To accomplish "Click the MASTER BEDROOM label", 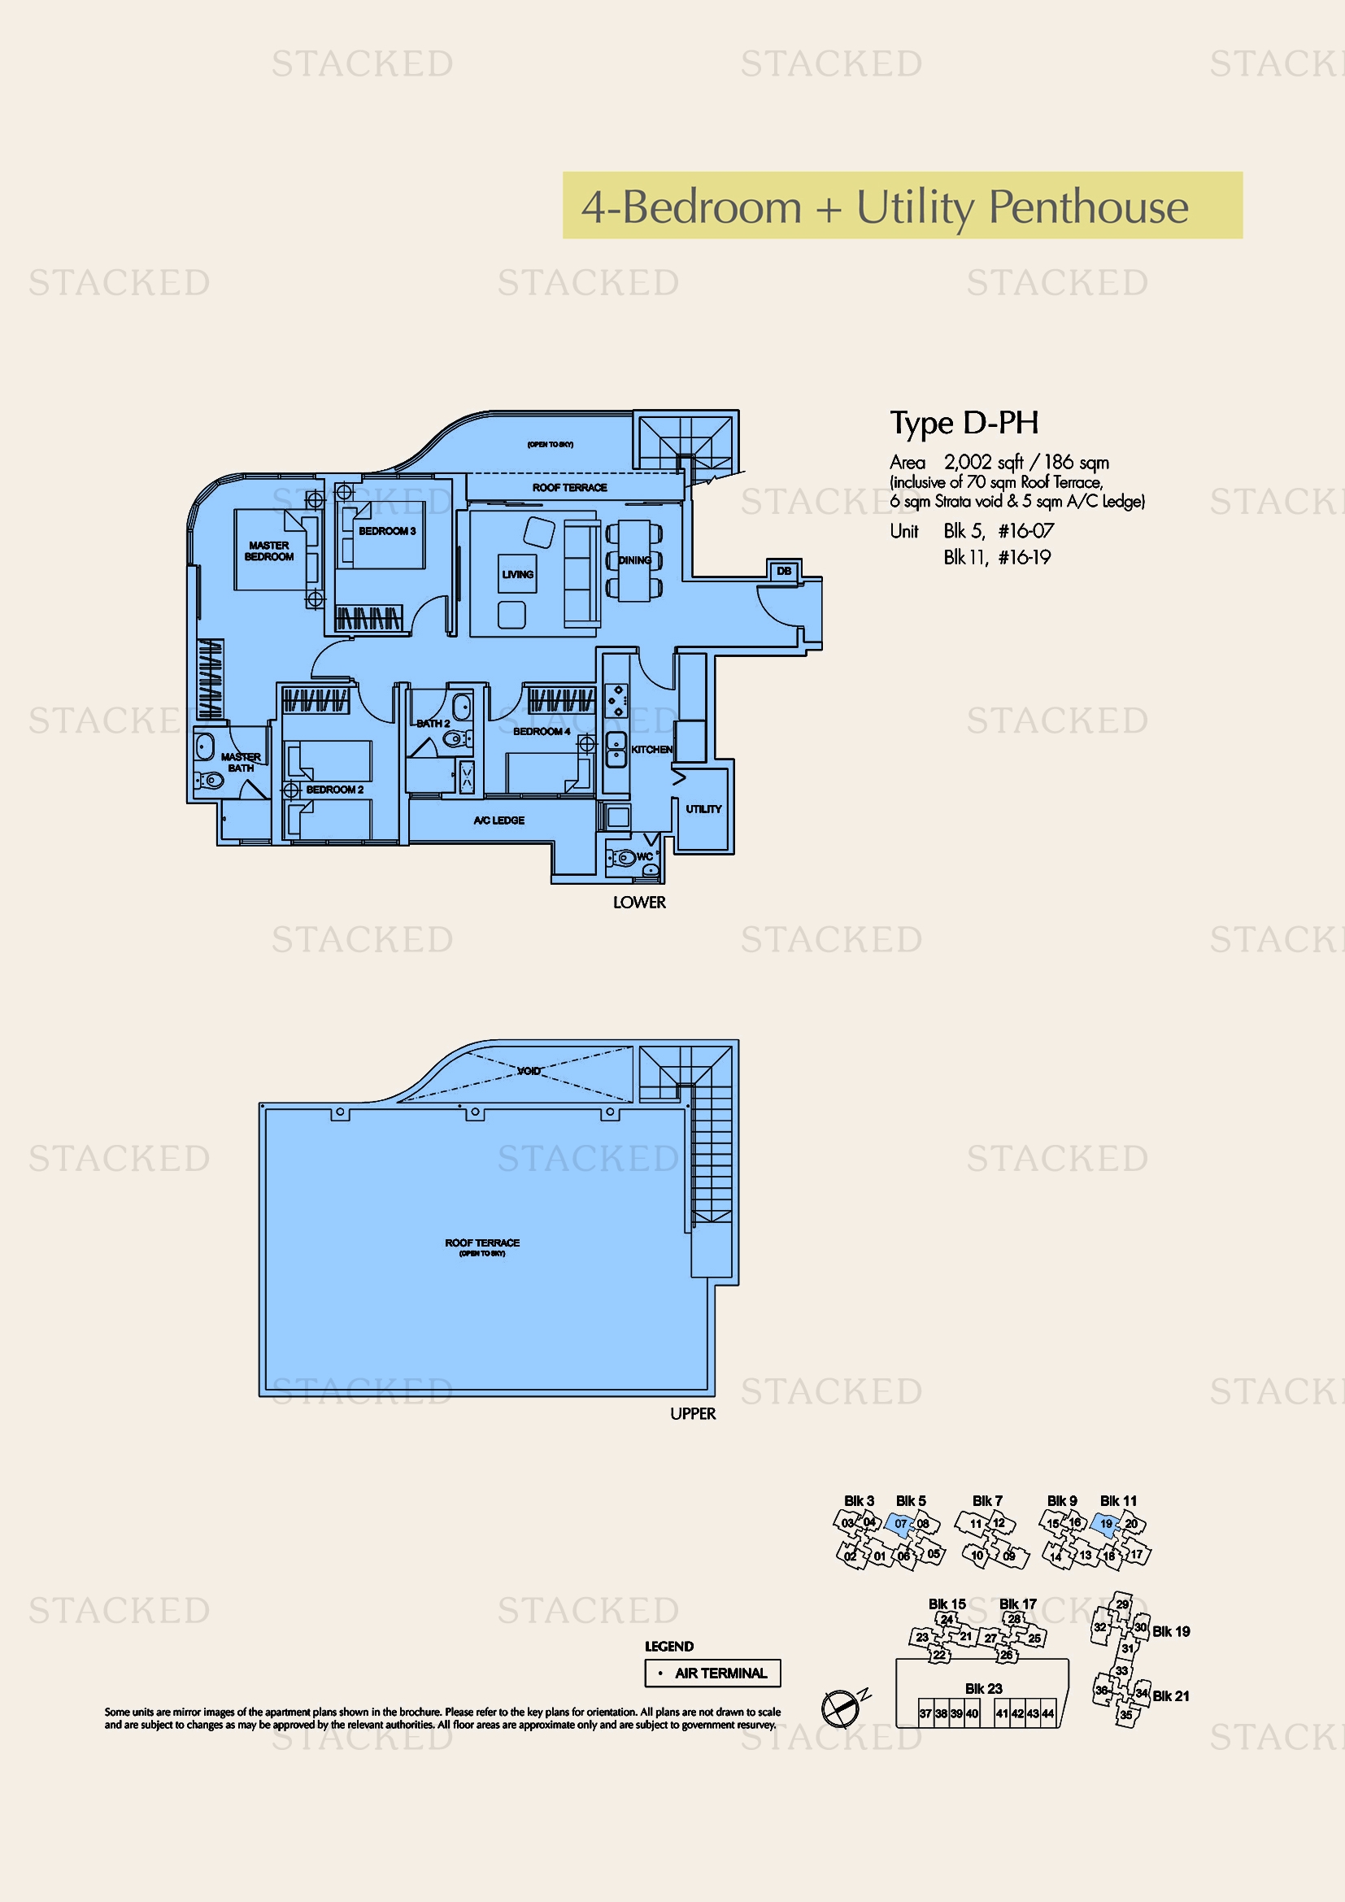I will [268, 551].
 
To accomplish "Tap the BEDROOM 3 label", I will [387, 531].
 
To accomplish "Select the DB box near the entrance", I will [783, 571].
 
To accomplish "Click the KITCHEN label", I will [652, 749].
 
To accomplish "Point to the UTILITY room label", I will [703, 808].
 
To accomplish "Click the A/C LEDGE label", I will [498, 820].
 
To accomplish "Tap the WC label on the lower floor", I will [644, 856].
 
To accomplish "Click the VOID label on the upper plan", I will [529, 1071].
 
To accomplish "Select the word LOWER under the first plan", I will [638, 902].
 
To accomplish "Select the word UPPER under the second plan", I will [692, 1413].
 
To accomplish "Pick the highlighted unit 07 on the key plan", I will [899, 1523].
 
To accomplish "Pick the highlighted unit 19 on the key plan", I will [1105, 1523].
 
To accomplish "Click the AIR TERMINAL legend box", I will [712, 1673].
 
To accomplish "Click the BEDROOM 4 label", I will [541, 732].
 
